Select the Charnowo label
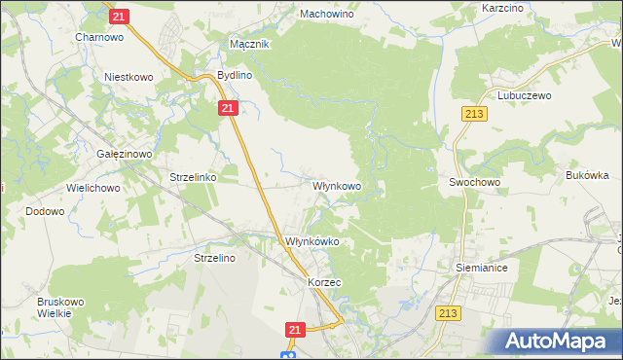pyautogui.click(x=97, y=37)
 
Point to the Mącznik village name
pyautogui.click(x=248, y=45)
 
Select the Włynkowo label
pyautogui.click(x=337, y=185)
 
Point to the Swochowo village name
pyautogui.click(x=474, y=182)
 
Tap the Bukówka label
pyautogui.click(x=587, y=176)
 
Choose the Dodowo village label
pyautogui.click(x=45, y=211)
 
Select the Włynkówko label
pyautogui.click(x=311, y=241)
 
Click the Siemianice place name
pyautogui.click(x=482, y=266)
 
